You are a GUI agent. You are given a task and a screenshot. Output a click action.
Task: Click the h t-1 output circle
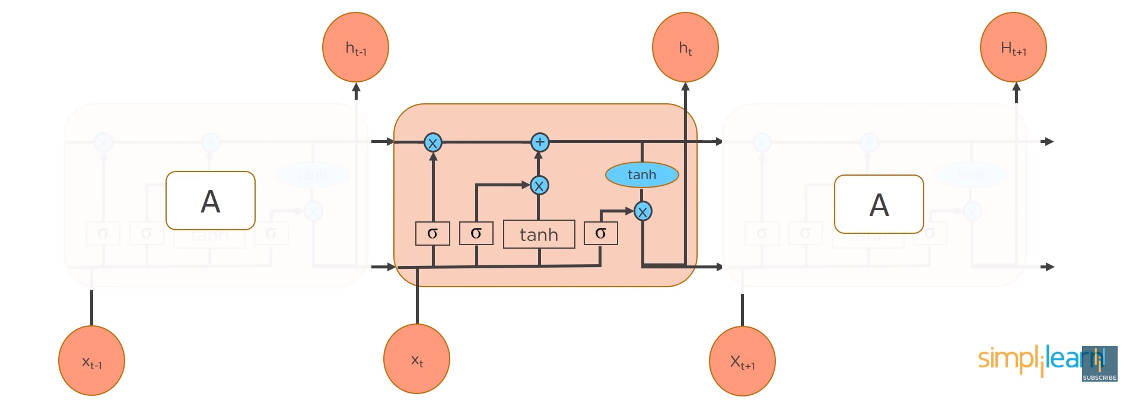coord(355,47)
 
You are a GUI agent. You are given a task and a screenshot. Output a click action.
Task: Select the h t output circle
coord(685,47)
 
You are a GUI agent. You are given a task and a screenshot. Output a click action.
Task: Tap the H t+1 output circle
coord(1013,47)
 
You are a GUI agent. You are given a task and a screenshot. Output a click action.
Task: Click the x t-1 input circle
coord(91,360)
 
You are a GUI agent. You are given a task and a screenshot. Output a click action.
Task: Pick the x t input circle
coord(416,358)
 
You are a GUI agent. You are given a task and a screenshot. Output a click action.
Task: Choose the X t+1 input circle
coord(742,360)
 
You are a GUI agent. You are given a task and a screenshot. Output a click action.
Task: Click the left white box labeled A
coord(211,201)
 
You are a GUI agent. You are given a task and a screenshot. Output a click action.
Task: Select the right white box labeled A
coord(879,204)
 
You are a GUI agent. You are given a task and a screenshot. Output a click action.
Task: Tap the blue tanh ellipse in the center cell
coord(642,174)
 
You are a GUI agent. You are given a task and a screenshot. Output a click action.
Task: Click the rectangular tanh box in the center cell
coord(539,234)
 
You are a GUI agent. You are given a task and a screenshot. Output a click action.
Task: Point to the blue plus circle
coord(539,142)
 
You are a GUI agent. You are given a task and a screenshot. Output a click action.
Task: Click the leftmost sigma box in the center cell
coord(432,233)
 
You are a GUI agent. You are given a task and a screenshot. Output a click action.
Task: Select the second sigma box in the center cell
coord(476,233)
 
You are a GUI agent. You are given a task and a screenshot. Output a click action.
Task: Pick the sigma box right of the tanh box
coord(600,233)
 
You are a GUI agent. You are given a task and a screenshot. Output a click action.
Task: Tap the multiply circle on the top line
coord(432,142)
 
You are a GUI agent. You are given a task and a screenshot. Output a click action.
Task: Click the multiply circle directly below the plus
coord(539,186)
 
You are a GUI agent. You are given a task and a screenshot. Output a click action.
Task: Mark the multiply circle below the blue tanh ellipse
coord(642,211)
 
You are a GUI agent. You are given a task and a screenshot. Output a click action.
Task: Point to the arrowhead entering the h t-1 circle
coord(356,88)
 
